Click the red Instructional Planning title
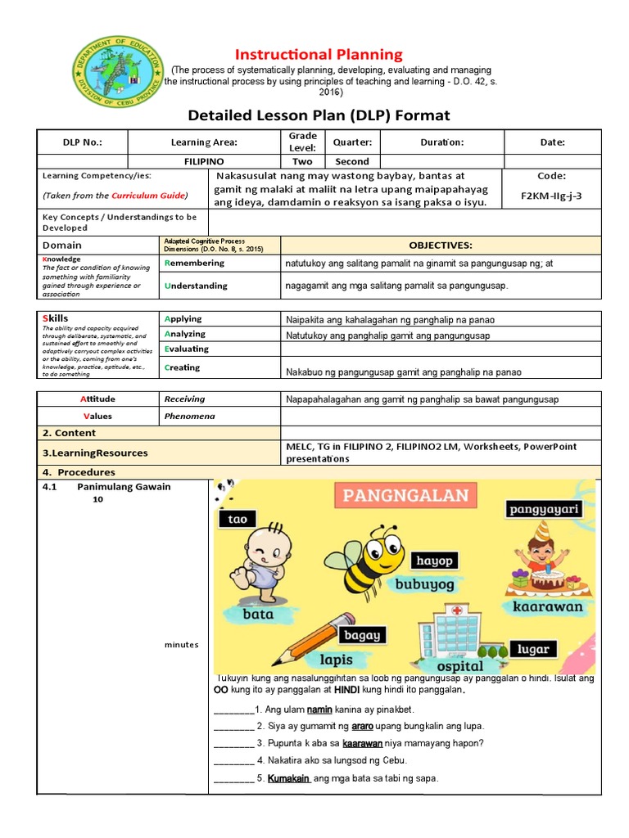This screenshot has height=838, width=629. pyautogui.click(x=319, y=55)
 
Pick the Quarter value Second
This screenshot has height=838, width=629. pyautogui.click(x=352, y=161)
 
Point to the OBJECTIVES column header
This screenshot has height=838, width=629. pyautogui.click(x=441, y=246)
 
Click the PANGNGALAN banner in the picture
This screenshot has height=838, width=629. pyautogui.click(x=405, y=494)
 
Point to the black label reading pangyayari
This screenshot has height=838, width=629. pyautogui.click(x=544, y=510)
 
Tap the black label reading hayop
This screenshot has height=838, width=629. pyautogui.click(x=434, y=561)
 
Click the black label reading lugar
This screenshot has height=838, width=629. pyautogui.click(x=533, y=649)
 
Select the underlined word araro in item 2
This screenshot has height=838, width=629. pyautogui.click(x=364, y=726)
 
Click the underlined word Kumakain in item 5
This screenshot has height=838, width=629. pyautogui.click(x=288, y=778)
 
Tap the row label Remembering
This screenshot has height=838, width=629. pyautogui.click(x=194, y=264)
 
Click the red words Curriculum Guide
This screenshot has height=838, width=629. pyautogui.click(x=149, y=196)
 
